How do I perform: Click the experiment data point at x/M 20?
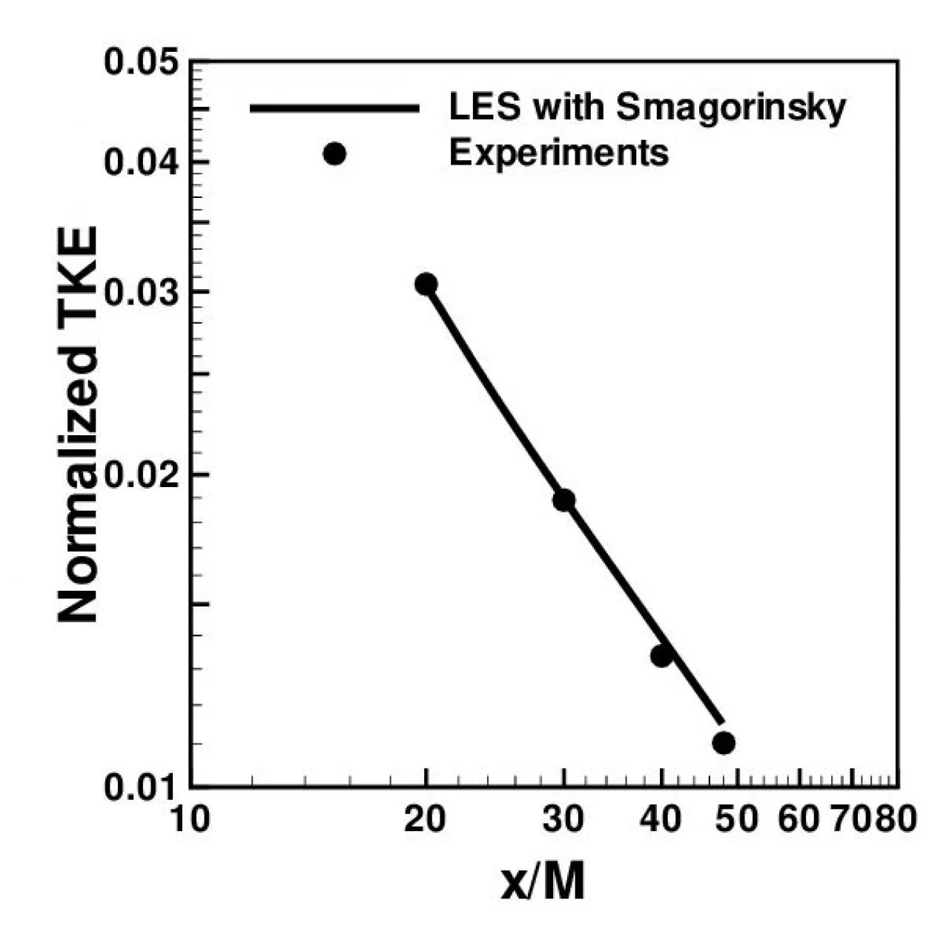426,284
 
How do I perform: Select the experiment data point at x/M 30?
563,500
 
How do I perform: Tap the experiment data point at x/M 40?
661,655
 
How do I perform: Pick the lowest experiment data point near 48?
724,742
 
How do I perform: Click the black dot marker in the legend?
334,154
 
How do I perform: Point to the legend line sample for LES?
335,108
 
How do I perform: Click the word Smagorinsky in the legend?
731,108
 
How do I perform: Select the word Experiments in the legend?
559,153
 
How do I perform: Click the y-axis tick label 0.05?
141,61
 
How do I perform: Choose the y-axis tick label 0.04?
141,162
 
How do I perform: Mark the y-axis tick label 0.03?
141,291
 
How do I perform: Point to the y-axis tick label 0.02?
141,474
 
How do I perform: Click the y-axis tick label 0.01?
141,787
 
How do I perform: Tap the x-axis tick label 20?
426,821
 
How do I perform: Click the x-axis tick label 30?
563,821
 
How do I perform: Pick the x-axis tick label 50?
738,821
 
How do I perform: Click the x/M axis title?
543,882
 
